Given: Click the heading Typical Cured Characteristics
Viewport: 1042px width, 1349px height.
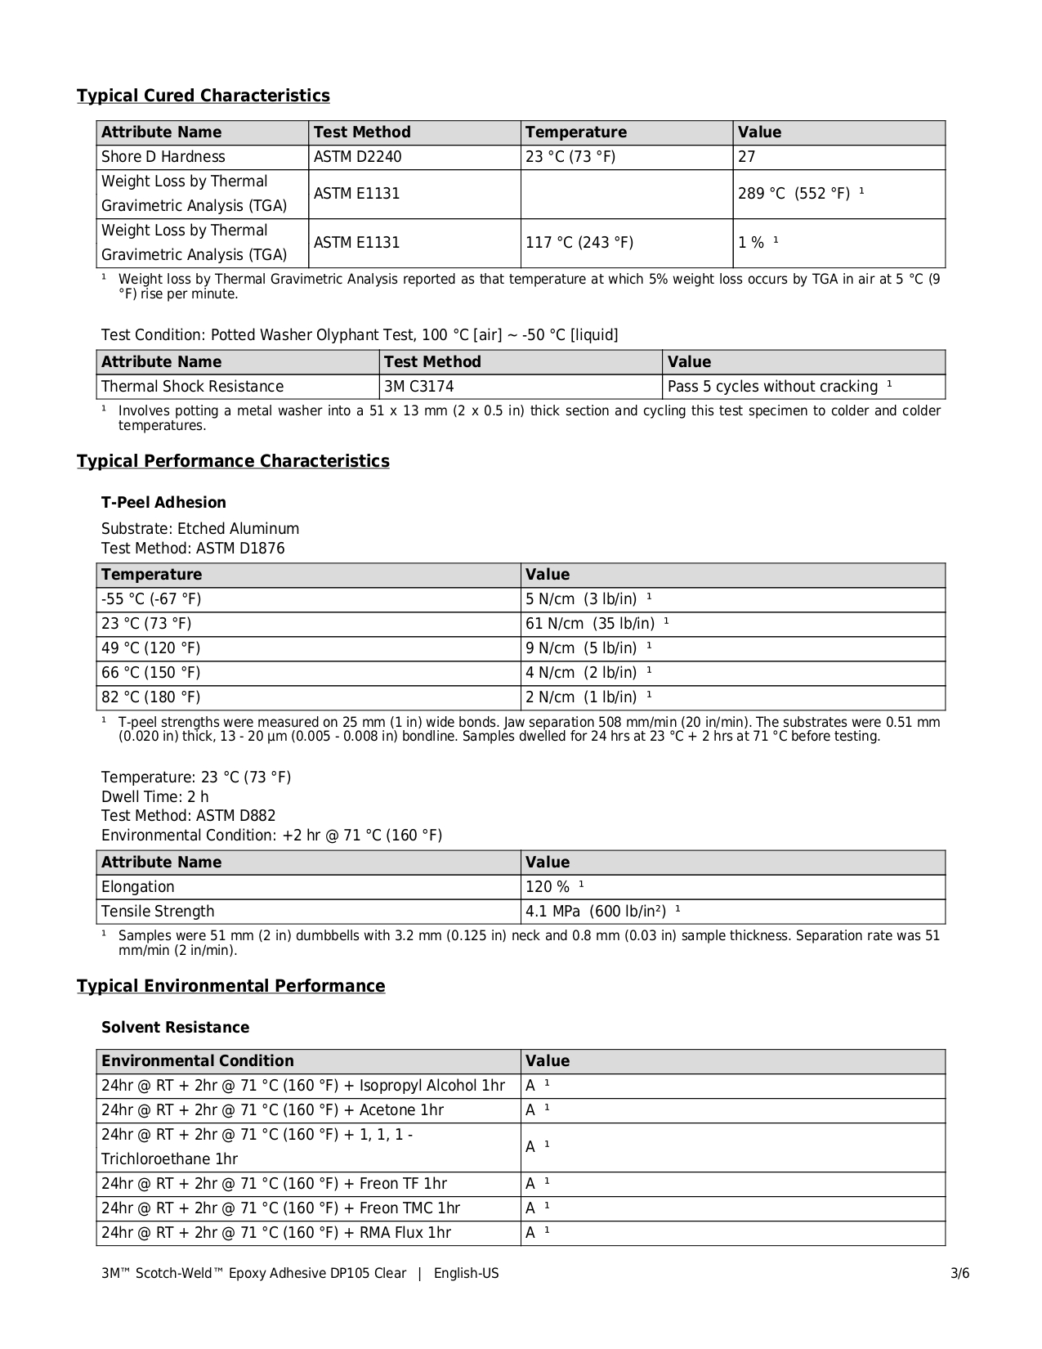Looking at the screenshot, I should (203, 96).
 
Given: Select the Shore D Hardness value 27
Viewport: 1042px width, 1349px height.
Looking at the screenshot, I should (747, 157).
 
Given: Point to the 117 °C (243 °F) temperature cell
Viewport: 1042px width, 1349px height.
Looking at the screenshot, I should (579, 243).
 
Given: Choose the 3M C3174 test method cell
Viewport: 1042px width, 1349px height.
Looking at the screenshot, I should (419, 387).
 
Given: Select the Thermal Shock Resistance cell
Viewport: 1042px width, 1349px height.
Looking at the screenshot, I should (192, 387).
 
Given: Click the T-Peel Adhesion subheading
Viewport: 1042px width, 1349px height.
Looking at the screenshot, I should (163, 503).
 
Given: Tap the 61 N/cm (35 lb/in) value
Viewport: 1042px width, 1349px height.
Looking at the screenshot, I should (590, 624).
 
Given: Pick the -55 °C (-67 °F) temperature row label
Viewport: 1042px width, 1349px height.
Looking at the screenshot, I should (151, 599).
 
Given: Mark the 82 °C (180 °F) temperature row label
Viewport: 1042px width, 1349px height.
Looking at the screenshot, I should (150, 697).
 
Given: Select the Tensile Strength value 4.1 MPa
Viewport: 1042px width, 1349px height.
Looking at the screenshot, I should (596, 912).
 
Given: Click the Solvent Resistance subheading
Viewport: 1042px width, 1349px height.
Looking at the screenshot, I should (175, 1028).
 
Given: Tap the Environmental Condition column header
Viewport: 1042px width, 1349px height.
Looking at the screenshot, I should (197, 1061).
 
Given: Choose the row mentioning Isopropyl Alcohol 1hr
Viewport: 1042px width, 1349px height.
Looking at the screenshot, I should (302, 1086).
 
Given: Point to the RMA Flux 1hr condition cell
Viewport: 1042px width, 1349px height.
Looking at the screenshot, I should (276, 1233).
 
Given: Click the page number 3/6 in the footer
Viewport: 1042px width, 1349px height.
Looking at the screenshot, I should (959, 1274).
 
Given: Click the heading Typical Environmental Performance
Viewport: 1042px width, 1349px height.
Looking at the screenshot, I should (230, 986).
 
